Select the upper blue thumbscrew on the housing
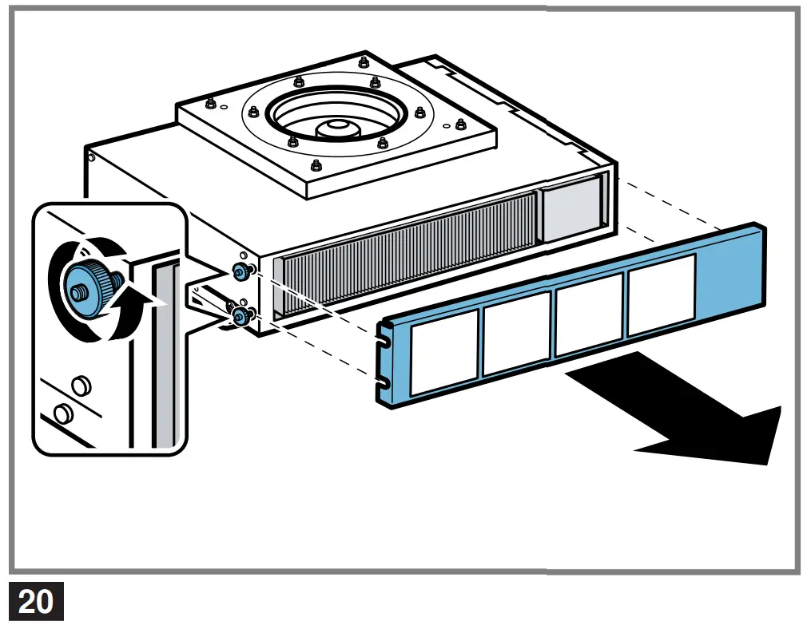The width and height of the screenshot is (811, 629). click(239, 271)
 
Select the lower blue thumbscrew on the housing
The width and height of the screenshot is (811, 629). click(239, 318)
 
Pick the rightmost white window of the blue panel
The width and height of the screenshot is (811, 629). click(662, 294)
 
